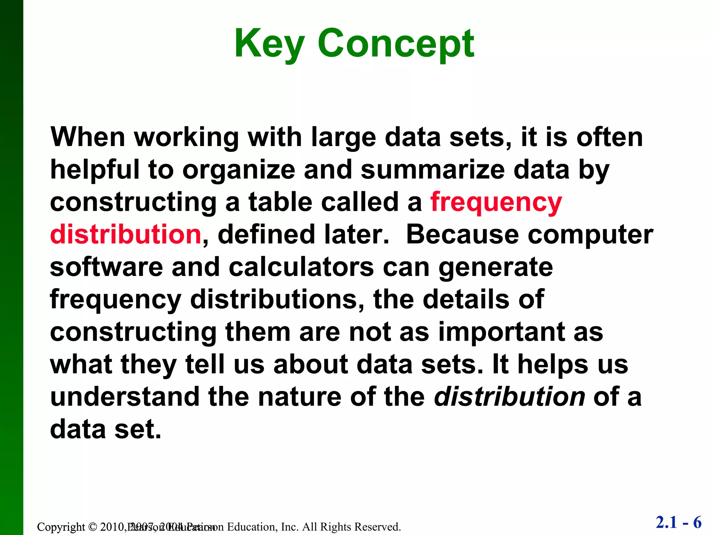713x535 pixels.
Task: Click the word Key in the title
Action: [x=269, y=44]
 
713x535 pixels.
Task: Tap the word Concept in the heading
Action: [x=395, y=44]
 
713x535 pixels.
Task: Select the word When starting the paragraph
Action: [x=88, y=137]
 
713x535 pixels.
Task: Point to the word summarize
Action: [x=432, y=170]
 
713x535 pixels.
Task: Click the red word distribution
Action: [x=126, y=234]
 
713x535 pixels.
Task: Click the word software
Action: [x=107, y=267]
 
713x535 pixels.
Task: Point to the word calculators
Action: [x=301, y=267]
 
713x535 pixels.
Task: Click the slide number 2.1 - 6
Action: [x=679, y=522]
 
